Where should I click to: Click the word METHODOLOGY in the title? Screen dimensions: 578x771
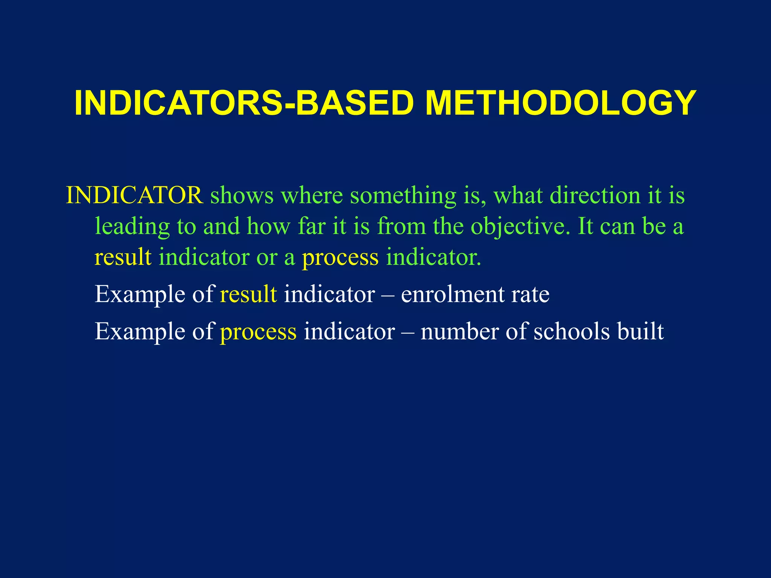point(561,103)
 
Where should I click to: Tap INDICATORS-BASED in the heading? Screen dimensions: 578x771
point(244,103)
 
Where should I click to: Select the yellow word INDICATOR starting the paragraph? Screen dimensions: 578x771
point(134,195)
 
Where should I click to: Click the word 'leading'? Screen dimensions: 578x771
point(132,227)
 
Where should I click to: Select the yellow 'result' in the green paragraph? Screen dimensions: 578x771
point(123,257)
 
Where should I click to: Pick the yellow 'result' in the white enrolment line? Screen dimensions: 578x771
point(248,294)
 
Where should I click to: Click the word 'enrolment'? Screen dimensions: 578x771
point(452,294)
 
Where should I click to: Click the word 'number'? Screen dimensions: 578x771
point(459,332)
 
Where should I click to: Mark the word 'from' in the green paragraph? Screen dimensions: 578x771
point(401,227)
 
